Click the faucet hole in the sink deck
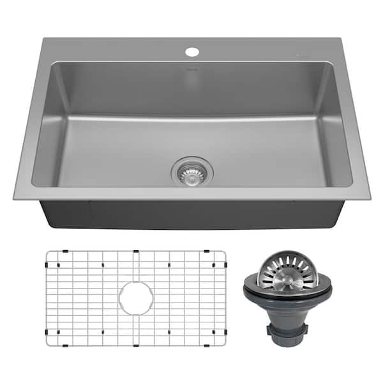(192, 50)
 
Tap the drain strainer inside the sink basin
(192, 171)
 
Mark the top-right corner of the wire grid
(223, 253)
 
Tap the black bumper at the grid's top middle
(135, 252)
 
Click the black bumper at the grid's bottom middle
(135, 345)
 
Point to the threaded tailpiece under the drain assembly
(289, 329)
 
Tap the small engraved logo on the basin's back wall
(191, 66)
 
